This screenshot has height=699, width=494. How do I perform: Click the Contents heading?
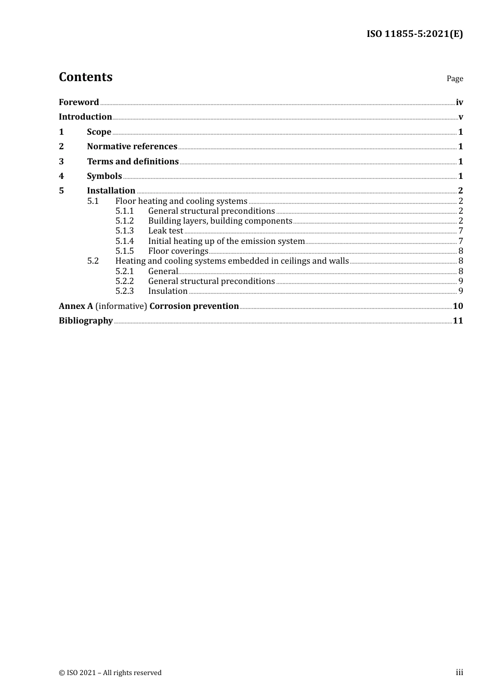[x=85, y=77]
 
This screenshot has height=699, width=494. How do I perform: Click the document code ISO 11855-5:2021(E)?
[x=414, y=34]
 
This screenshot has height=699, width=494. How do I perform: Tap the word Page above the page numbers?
[x=454, y=79]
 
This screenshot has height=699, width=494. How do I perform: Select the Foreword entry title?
[x=79, y=102]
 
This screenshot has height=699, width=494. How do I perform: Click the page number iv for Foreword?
[x=459, y=102]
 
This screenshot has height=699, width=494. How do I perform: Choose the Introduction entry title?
[x=85, y=117]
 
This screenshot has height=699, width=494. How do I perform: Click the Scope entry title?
[x=99, y=132]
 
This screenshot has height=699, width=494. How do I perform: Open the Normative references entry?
[x=132, y=147]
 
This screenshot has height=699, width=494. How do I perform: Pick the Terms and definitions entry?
[x=133, y=162]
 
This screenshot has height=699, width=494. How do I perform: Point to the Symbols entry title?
[x=105, y=176]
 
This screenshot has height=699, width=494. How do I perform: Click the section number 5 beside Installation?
[x=61, y=191]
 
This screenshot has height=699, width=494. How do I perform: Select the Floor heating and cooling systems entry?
[x=181, y=201]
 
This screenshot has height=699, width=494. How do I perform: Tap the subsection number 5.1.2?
[x=124, y=221]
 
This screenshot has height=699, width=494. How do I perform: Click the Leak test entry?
[x=165, y=231]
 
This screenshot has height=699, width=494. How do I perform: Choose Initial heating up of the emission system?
[x=226, y=241]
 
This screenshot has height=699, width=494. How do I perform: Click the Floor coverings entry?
[x=178, y=251]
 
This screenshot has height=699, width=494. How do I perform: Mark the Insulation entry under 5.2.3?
[x=167, y=291]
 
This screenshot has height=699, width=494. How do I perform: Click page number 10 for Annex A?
[x=458, y=306]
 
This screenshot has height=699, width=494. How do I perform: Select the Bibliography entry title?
[x=86, y=321]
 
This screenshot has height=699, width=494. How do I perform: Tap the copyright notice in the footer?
[x=110, y=673]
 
